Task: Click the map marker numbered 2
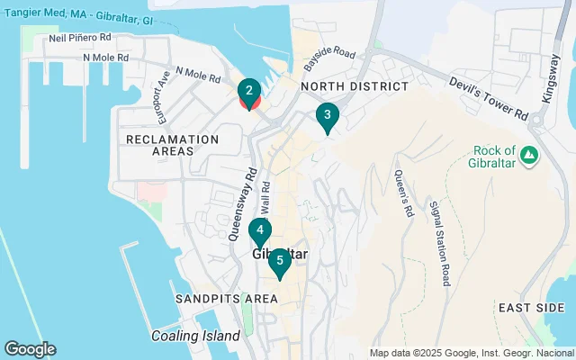click(249, 91)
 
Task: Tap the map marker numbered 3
click(327, 115)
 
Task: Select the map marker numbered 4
click(259, 230)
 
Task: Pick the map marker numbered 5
click(280, 262)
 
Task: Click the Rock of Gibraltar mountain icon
click(530, 155)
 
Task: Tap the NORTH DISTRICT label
click(354, 85)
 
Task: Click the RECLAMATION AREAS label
click(173, 145)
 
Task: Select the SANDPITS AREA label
click(226, 298)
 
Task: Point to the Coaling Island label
click(195, 336)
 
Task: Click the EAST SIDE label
click(531, 308)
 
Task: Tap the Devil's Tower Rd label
click(489, 98)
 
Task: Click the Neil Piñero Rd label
click(79, 39)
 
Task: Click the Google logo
click(30, 349)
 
